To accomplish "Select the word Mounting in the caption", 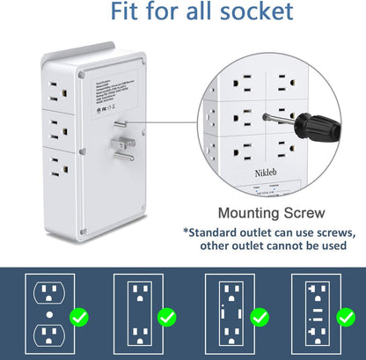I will tap(251, 212).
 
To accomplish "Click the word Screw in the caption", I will tap(309, 212).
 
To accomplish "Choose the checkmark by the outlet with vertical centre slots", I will tap(259, 315).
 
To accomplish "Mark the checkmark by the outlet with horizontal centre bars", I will tap(348, 315).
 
